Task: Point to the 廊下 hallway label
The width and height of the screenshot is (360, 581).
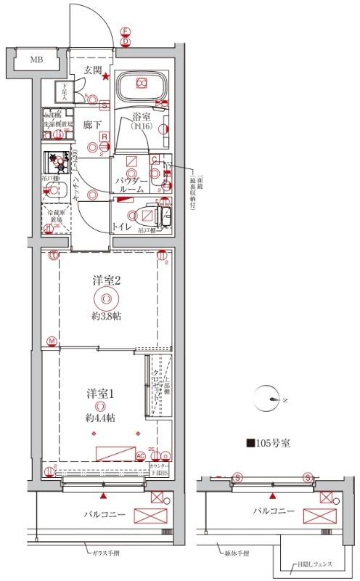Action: click(x=91, y=123)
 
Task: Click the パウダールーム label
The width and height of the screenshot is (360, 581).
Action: click(x=131, y=184)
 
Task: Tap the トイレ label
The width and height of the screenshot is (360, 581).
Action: click(x=120, y=227)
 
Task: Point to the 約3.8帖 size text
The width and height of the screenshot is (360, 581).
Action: click(x=106, y=316)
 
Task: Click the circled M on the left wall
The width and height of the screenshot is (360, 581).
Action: click(x=52, y=341)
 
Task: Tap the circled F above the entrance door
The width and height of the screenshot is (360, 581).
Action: click(x=125, y=31)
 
